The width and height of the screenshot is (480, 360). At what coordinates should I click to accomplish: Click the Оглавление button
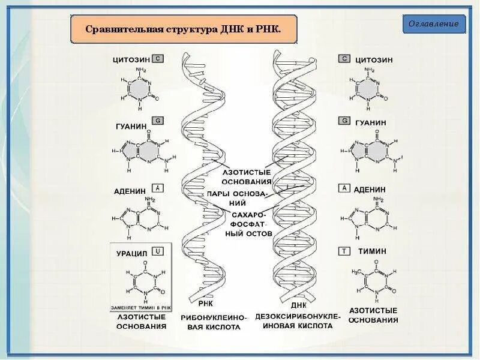434,24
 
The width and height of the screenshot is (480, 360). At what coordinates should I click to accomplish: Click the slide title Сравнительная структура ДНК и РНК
184,29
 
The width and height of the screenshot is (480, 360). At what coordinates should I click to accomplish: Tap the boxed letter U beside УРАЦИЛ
157,253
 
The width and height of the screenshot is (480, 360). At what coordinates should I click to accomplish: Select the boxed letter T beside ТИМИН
344,251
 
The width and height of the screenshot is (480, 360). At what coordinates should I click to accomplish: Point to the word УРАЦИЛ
132,253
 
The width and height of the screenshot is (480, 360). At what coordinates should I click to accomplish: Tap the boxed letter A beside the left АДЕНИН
157,187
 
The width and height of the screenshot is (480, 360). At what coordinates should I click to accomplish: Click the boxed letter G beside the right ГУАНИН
344,121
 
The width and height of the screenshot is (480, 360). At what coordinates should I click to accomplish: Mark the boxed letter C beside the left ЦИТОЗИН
158,59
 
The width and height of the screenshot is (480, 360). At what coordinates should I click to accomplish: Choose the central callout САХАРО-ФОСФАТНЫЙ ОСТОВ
248,223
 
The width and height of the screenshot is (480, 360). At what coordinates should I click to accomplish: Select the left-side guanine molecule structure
142,154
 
